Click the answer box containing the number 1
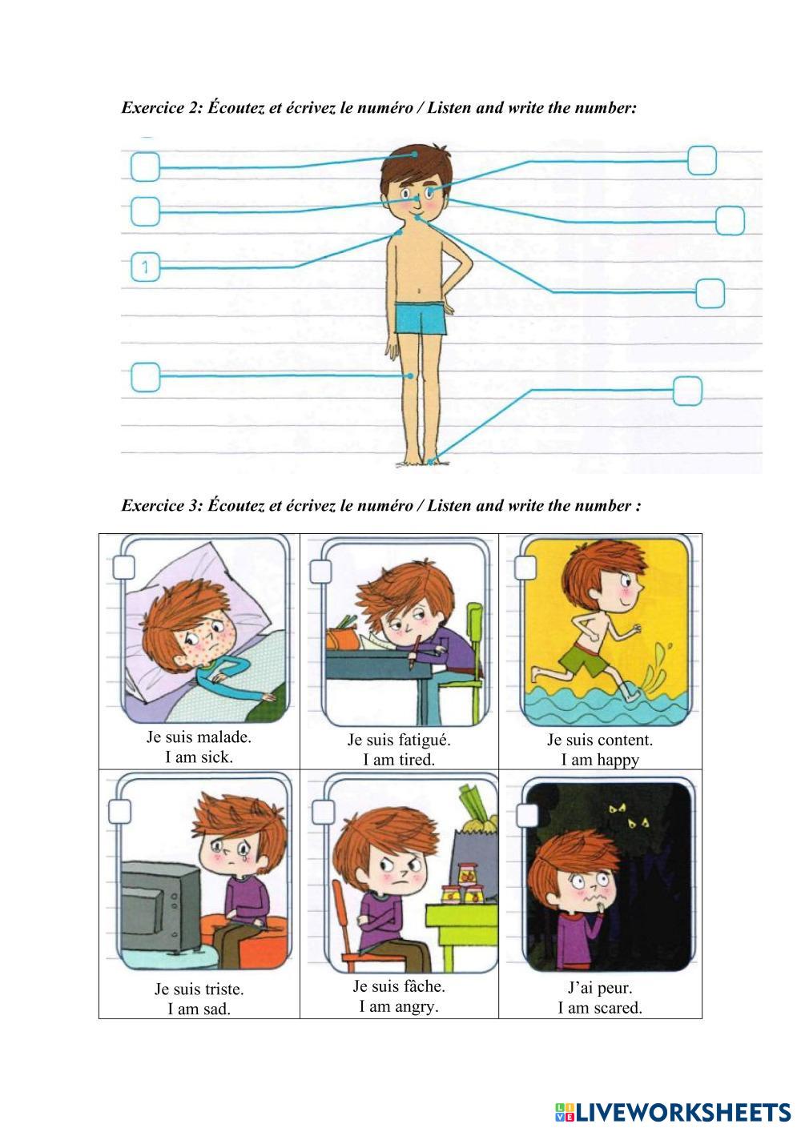145,267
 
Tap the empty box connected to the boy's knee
145,376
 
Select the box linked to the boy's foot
687,391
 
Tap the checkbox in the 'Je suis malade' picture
123,567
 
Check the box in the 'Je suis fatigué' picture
320,571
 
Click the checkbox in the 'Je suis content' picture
525,567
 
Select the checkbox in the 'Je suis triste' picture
120,811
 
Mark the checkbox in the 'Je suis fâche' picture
323,812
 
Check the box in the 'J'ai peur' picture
527,815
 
